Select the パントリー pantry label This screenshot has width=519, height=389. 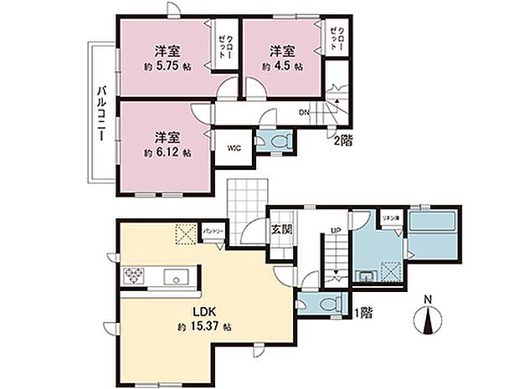coord(211,228)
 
